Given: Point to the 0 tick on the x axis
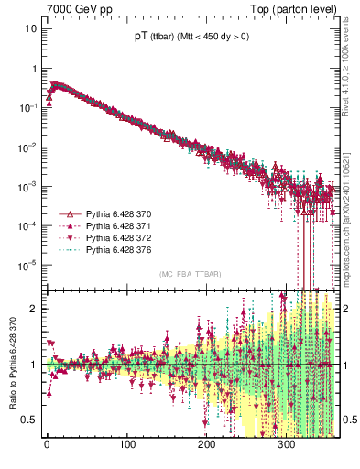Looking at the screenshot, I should (x=48, y=445).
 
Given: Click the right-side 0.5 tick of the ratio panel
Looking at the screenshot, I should (x=348, y=420).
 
